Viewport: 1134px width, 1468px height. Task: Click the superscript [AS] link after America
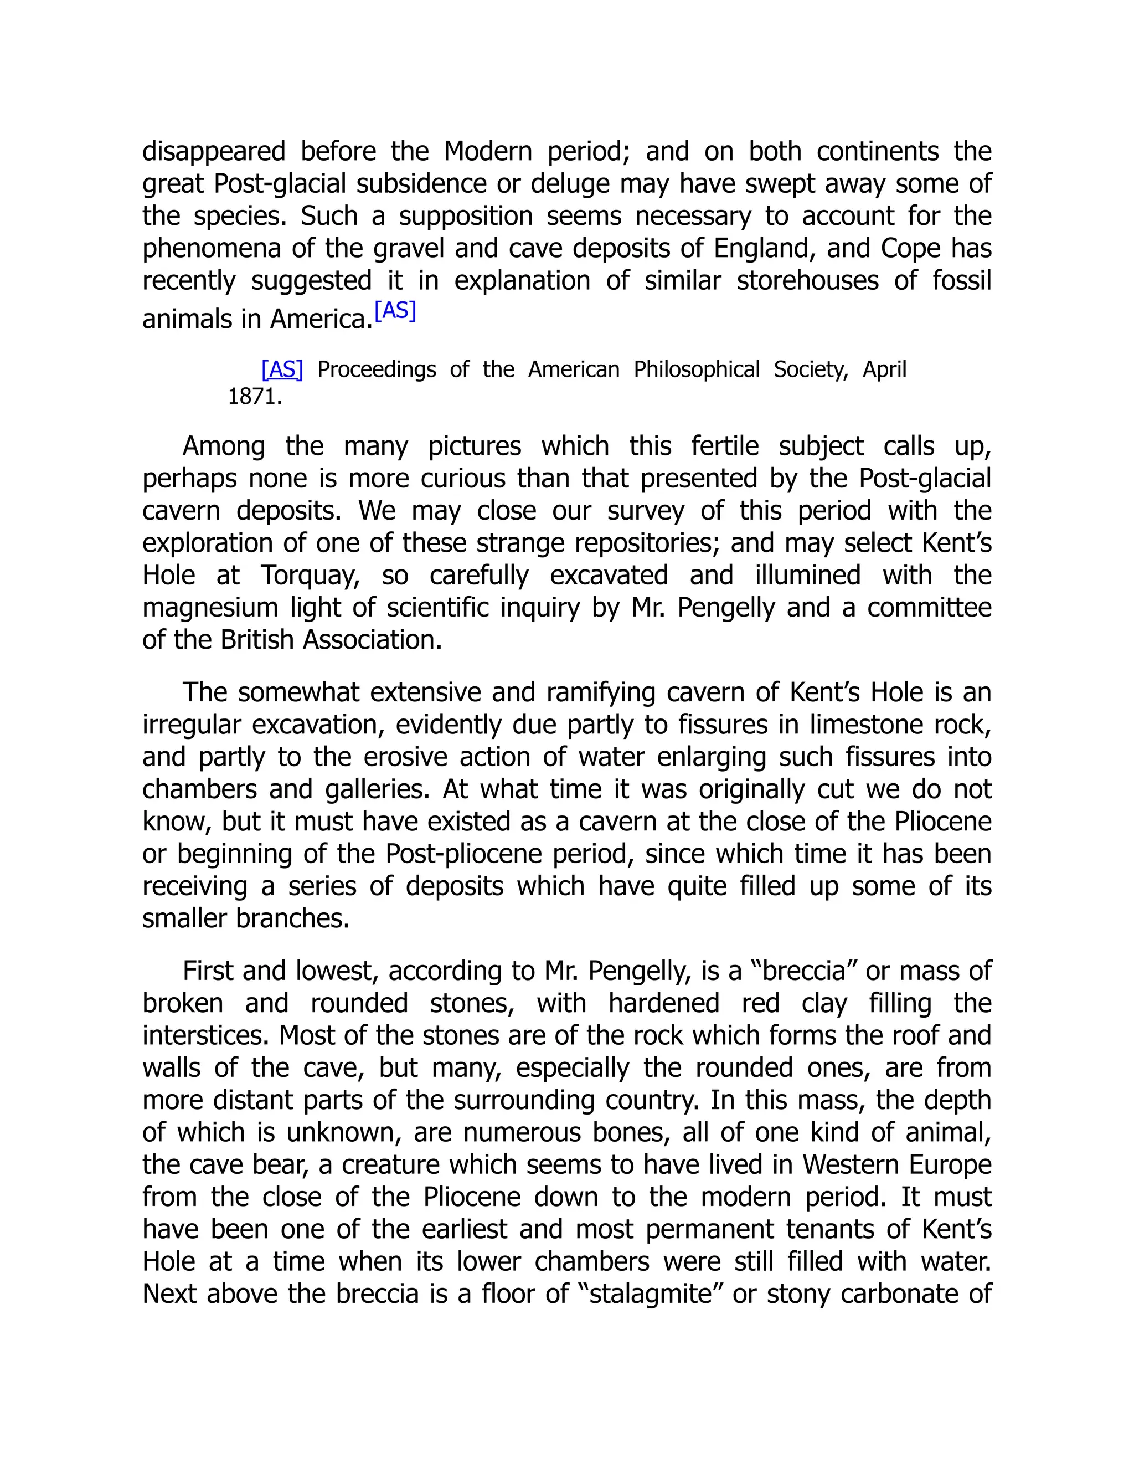[395, 311]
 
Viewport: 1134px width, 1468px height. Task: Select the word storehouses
[807, 281]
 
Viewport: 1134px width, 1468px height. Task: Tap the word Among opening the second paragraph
[224, 446]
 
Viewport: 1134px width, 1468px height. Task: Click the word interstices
[205, 1035]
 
